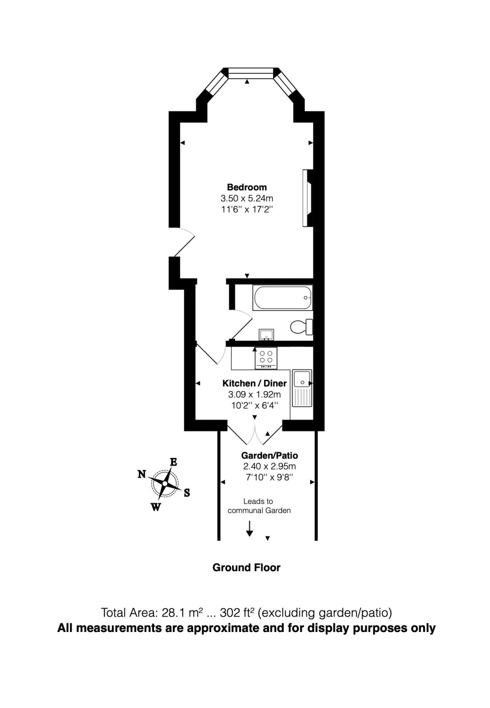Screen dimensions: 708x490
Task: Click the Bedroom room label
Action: click(x=246, y=187)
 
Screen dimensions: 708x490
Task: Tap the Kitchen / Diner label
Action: click(x=254, y=383)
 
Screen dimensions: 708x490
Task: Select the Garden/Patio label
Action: click(x=269, y=456)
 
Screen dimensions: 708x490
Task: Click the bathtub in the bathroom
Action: click(x=282, y=297)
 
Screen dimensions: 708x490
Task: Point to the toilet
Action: click(x=301, y=327)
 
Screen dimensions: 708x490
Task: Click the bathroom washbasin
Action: click(x=265, y=334)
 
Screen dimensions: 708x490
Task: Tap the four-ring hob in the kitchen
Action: click(x=267, y=357)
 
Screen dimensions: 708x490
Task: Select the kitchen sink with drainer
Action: click(x=302, y=388)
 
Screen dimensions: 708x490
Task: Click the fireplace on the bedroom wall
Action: click(x=307, y=198)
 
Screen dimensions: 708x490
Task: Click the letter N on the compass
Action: click(x=142, y=474)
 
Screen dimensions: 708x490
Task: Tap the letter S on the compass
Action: click(x=187, y=493)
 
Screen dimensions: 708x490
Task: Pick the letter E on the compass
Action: click(x=174, y=462)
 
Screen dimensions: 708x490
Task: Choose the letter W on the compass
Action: click(x=156, y=507)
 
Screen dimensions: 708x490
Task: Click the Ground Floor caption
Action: click(x=246, y=567)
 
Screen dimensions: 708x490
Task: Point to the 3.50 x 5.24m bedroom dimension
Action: click(x=246, y=198)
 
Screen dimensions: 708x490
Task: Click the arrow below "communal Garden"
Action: click(x=249, y=528)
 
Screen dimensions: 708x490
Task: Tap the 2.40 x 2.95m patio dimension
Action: click(x=269, y=466)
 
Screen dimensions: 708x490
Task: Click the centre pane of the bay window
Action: click(x=250, y=73)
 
